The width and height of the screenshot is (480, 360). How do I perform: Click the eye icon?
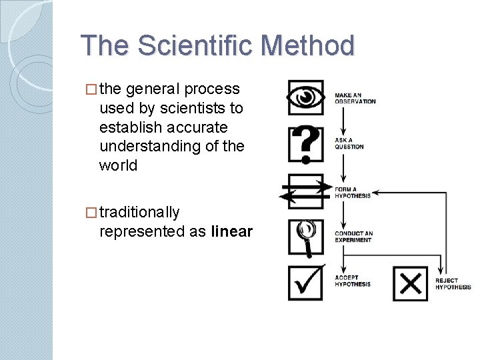point(306,98)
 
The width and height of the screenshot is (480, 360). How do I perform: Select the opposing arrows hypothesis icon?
point(305,191)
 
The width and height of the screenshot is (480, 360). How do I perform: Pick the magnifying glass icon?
point(306,237)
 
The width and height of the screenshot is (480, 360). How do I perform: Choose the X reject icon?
point(410,283)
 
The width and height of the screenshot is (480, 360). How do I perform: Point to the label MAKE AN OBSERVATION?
point(355,99)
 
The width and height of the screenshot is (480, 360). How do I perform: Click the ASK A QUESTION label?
point(349,143)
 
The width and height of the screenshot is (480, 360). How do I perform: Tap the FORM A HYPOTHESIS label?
point(352,192)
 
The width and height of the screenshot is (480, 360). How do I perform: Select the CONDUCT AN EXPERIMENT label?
point(353,237)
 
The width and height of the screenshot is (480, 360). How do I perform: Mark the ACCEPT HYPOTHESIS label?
point(352,281)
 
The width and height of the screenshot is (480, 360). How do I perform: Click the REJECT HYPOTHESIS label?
point(453,284)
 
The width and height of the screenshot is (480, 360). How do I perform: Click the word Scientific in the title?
point(198,46)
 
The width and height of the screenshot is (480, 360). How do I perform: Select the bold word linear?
point(232,231)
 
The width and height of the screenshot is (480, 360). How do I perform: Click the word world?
point(118,165)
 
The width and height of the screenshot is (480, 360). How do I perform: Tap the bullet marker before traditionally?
point(91,213)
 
